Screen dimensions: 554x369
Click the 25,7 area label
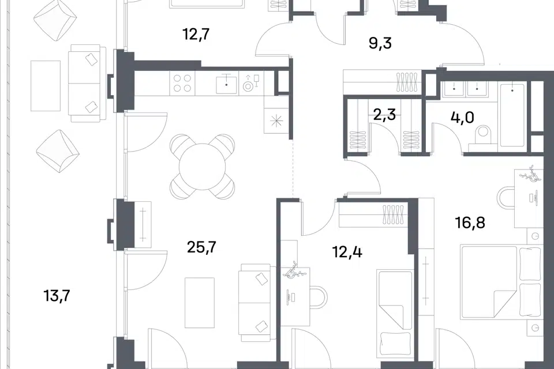point(201,247)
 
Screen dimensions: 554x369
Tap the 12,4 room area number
point(347,252)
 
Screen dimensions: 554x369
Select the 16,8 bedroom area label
point(470,223)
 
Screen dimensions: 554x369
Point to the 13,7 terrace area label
point(57,296)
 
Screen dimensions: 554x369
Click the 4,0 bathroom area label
point(462,117)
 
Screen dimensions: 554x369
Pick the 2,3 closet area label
point(384,115)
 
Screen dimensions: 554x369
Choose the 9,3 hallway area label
point(380,43)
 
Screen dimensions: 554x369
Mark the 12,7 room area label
point(196,34)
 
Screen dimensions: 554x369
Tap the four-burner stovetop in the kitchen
point(182,84)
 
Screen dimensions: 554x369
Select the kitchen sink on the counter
point(226,84)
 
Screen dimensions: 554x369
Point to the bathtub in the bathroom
point(512,115)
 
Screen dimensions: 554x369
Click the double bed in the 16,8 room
point(501,282)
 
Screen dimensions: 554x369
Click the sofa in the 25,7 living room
point(256,303)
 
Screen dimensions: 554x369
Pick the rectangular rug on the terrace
point(46,86)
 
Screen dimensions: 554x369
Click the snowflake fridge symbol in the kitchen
point(276,121)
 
